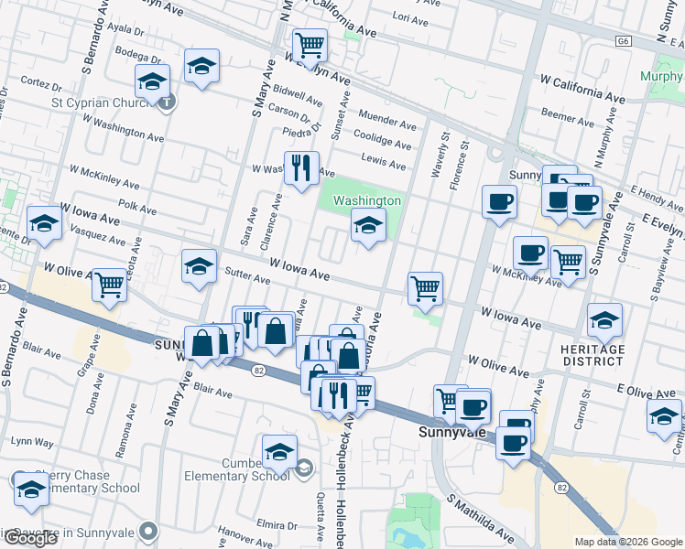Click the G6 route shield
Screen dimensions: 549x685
click(x=625, y=41)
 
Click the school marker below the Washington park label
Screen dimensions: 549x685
click(x=368, y=225)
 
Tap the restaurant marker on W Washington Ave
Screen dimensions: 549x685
click(x=301, y=168)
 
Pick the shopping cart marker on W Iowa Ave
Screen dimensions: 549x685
click(x=426, y=289)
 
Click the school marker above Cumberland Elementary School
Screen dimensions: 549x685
click(x=279, y=452)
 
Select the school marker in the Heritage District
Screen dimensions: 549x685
click(x=604, y=320)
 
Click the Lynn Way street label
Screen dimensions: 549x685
click(x=31, y=442)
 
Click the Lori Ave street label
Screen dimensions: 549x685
click(x=409, y=18)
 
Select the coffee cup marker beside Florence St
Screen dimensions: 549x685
click(x=500, y=201)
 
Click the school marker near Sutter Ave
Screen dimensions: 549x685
click(x=199, y=266)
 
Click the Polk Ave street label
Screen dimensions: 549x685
click(x=137, y=209)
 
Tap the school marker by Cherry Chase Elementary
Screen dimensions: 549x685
click(x=31, y=489)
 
